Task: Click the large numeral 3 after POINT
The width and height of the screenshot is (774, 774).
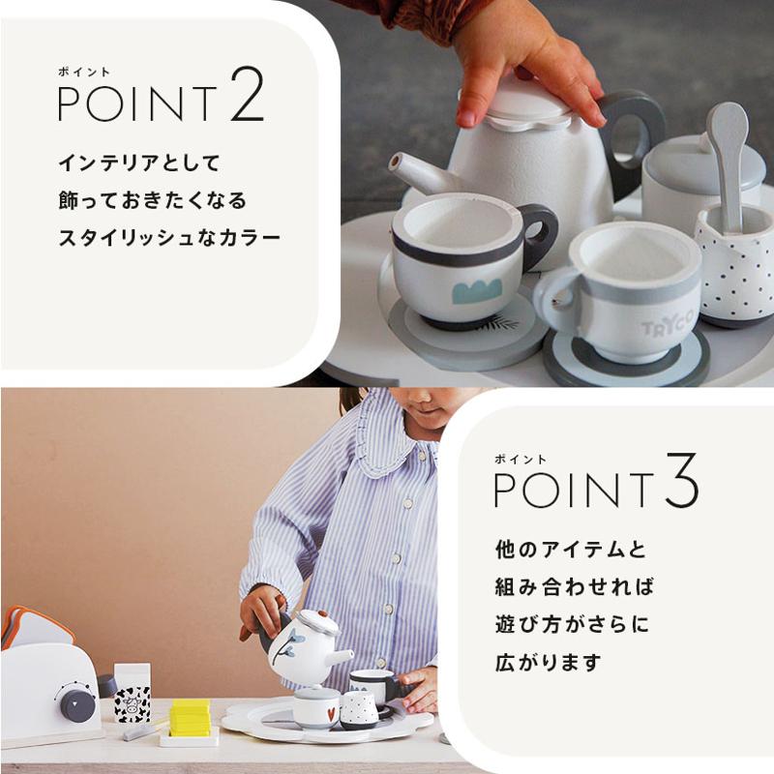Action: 682,480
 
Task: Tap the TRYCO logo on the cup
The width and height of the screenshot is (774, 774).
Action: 668,327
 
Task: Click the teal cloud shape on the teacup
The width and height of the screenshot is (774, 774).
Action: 477,290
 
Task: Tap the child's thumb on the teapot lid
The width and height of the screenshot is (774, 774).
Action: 471,105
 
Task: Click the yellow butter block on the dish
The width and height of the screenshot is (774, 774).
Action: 190,717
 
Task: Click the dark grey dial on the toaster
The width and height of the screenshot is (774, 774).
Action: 77,702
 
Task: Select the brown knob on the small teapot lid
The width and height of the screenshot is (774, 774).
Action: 322,614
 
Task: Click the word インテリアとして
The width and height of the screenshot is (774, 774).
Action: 138,163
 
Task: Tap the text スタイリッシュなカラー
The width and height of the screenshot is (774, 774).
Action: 168,238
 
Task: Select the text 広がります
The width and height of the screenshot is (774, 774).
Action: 549,662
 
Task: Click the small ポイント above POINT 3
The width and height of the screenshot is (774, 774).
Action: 521,460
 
